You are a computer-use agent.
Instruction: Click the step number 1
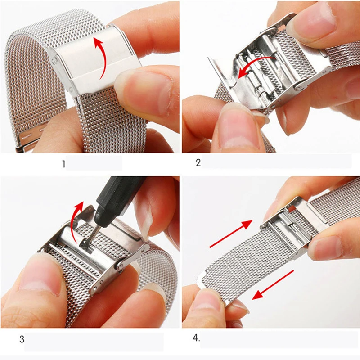tap(64, 164)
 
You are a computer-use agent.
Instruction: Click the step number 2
tap(198, 163)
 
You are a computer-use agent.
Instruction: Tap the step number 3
tap(22, 339)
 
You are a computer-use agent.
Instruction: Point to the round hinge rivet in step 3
tap(120, 266)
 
